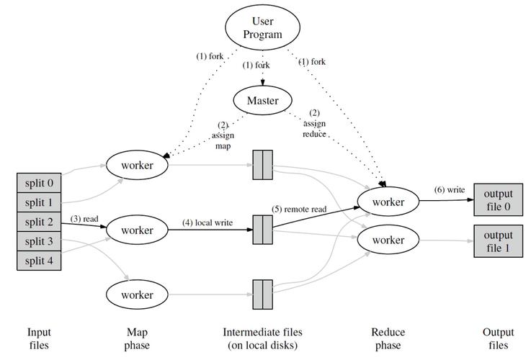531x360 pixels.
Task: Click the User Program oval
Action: coord(262,27)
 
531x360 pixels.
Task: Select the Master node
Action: coord(262,100)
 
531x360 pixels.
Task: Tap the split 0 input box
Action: coord(39,183)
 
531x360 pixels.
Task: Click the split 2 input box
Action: coord(39,222)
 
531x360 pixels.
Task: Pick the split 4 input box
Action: coord(39,261)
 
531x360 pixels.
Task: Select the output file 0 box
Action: coord(498,200)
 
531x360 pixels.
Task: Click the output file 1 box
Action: coord(498,241)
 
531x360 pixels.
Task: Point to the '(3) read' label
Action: coord(84,219)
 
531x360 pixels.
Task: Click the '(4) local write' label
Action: coord(208,222)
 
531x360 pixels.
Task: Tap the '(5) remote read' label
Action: coord(299,209)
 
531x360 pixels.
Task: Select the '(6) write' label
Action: coord(450,190)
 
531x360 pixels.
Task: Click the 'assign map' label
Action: coord(223,140)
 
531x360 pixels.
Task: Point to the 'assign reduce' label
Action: coord(314,129)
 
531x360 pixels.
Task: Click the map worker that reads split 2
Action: coord(137,230)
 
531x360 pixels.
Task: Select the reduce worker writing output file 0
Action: coord(388,202)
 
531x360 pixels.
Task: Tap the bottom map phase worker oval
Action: coord(137,294)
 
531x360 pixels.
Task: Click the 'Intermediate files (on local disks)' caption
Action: coord(262,338)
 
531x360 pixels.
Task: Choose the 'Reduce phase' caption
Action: coord(388,338)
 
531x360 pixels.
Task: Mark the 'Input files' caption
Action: coord(39,338)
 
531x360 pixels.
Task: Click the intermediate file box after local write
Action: coord(262,230)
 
